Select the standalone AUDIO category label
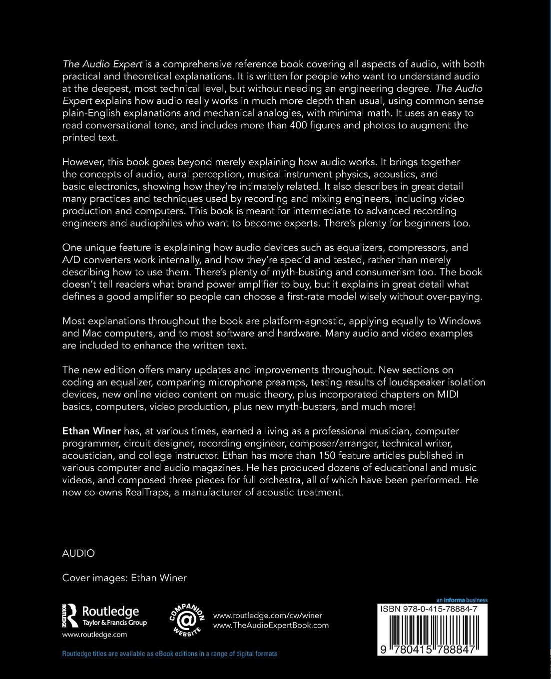(78, 553)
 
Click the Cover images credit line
(124, 578)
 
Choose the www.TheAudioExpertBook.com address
(271, 625)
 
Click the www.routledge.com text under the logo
(94, 635)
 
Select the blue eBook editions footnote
(169, 654)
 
